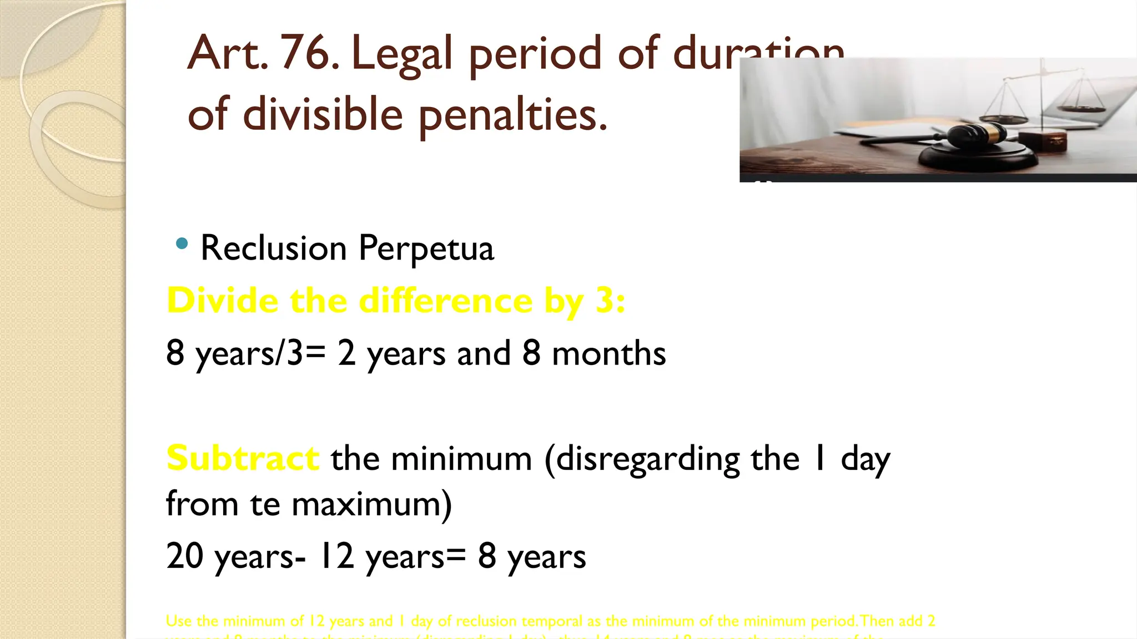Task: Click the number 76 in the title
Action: (309, 53)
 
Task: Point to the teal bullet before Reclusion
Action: (181, 244)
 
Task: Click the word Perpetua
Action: (426, 248)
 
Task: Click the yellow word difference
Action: (446, 301)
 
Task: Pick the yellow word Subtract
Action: (243, 459)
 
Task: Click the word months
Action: (609, 353)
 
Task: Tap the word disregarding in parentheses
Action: (647, 460)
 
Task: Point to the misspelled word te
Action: (265, 504)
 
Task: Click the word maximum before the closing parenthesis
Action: (366, 505)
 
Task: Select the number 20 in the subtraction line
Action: (184, 556)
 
